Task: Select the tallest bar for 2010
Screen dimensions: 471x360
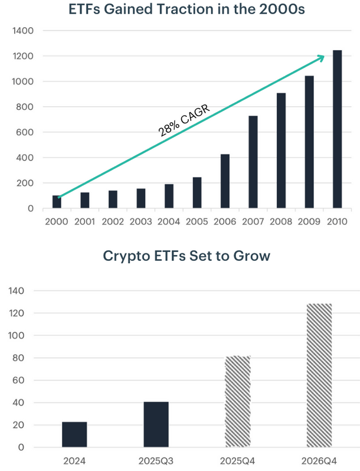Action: tap(337, 129)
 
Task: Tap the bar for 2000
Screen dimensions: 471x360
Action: tap(57, 202)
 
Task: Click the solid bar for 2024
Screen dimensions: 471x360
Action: tap(74, 434)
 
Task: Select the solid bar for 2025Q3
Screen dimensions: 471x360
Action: tap(156, 424)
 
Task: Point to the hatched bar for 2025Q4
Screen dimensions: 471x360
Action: tap(238, 401)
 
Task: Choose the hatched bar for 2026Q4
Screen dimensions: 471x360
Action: tap(319, 375)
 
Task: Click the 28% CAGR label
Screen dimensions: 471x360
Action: tap(185, 121)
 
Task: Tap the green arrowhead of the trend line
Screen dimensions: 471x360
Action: tap(320, 57)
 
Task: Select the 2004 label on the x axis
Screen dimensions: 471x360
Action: tap(169, 222)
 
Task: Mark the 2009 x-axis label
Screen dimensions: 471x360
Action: tap(309, 222)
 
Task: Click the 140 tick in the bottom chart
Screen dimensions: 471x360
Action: tap(17, 291)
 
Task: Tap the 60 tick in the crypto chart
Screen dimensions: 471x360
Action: tap(19, 381)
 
